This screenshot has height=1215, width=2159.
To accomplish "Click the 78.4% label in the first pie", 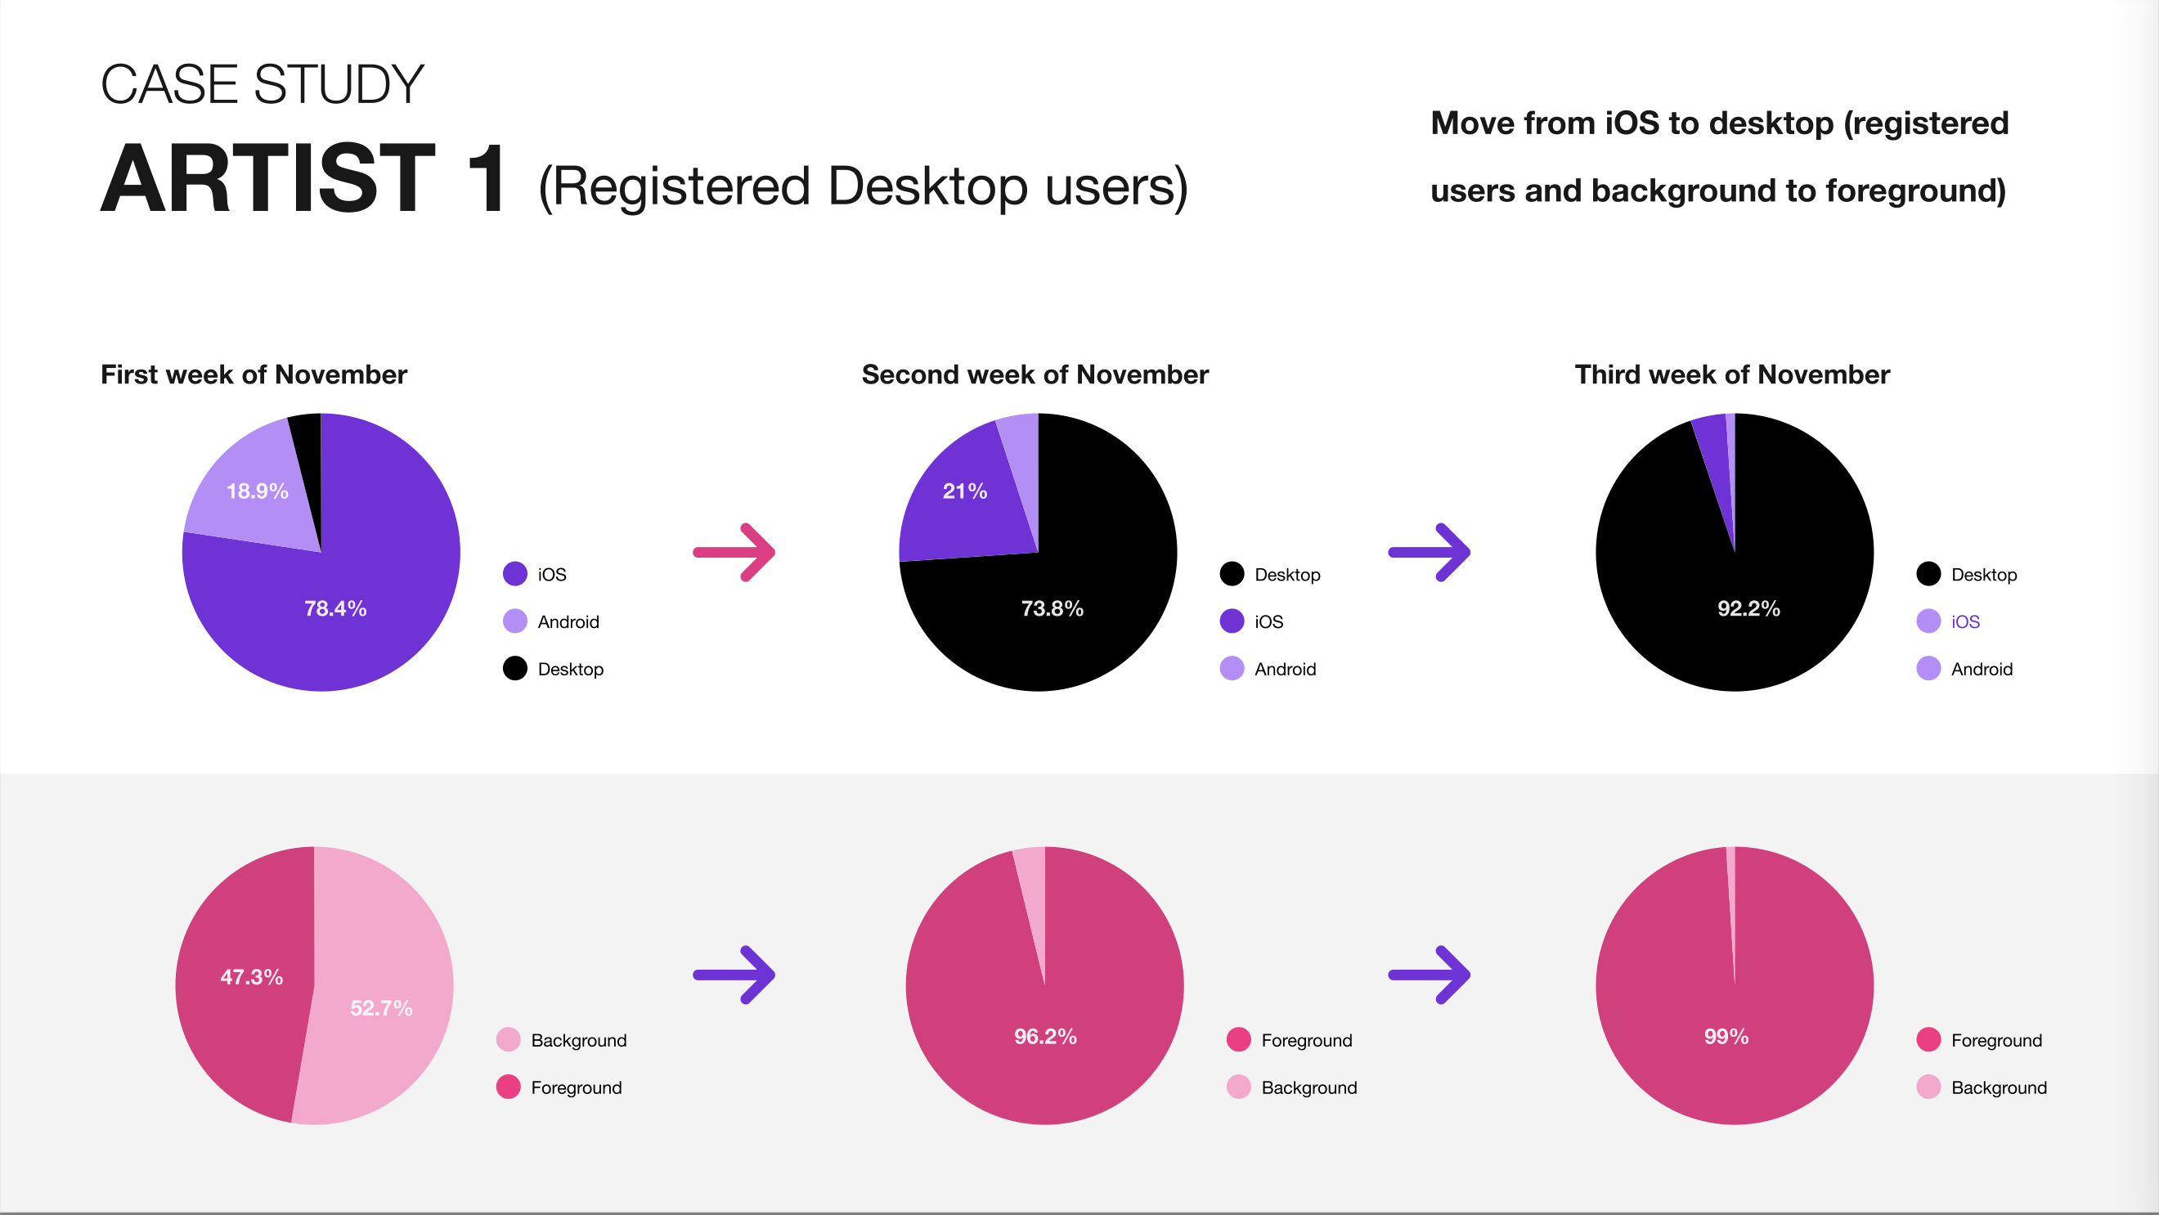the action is (x=335, y=608).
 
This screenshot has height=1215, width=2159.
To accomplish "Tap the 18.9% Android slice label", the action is (x=258, y=491).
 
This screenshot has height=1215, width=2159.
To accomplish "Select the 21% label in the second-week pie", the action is (x=965, y=491).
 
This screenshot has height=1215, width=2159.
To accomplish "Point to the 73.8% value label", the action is (x=1052, y=608).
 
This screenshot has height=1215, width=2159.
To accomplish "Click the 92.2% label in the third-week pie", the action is (x=1748, y=608).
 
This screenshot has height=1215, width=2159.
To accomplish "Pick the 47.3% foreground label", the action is (x=251, y=977).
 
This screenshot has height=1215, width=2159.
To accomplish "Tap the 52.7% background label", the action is (x=381, y=1008).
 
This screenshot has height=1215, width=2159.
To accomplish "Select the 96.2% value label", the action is (x=1045, y=1037).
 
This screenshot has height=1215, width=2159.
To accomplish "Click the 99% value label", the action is (x=1726, y=1037).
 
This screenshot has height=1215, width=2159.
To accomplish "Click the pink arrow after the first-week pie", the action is (x=734, y=552).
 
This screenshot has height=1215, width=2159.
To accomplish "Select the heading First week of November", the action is (x=254, y=374).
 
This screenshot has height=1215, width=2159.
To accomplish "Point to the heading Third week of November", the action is (x=1732, y=374).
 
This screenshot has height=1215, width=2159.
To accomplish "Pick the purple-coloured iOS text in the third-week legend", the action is (x=1965, y=621).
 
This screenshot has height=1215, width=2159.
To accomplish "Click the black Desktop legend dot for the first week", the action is (x=514, y=668).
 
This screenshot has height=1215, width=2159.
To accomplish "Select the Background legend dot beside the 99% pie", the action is (x=1928, y=1087).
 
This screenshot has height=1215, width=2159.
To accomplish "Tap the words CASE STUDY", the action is (x=263, y=85).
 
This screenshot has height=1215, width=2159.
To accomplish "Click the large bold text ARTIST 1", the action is (x=303, y=177).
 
